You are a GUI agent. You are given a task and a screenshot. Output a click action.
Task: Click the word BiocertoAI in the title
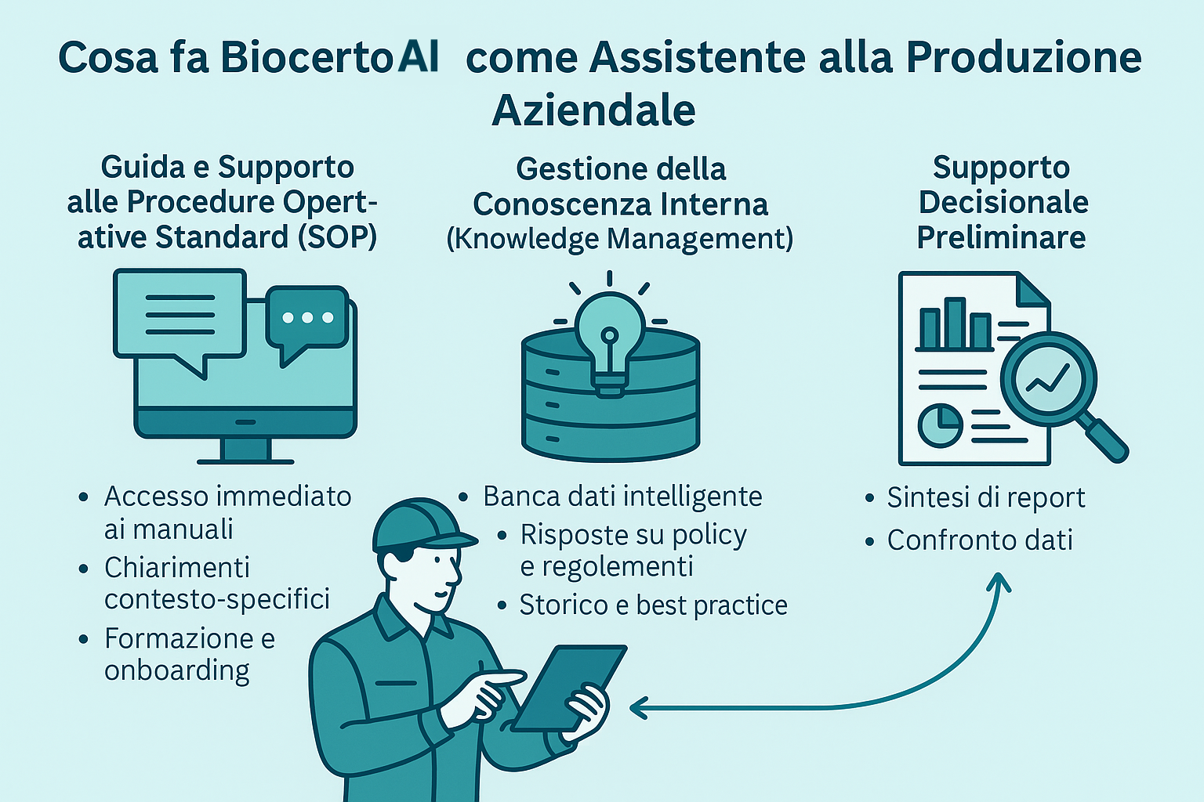tap(329, 57)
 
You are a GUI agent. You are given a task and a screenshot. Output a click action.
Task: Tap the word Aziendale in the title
tap(594, 110)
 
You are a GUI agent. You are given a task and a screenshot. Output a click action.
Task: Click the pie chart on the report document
tap(940, 425)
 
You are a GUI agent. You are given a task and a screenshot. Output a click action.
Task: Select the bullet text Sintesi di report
tap(986, 498)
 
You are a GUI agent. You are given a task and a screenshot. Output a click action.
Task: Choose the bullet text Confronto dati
tap(980, 540)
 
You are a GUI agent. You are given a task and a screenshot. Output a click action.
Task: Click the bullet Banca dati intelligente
tap(622, 497)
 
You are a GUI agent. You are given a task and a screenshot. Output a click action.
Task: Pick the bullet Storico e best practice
tap(653, 605)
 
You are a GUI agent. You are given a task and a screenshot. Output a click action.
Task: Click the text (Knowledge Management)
tap(620, 239)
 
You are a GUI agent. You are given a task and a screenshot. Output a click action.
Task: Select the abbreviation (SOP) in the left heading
tap(337, 237)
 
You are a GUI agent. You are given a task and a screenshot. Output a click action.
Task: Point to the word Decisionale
tap(1003, 203)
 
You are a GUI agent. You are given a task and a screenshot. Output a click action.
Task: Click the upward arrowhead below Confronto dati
tap(999, 582)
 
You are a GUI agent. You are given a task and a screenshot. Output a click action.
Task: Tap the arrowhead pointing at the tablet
tap(639, 708)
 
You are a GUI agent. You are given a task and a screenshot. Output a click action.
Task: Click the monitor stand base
tap(245, 461)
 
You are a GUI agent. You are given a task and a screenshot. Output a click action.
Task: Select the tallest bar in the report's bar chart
tap(956, 323)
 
